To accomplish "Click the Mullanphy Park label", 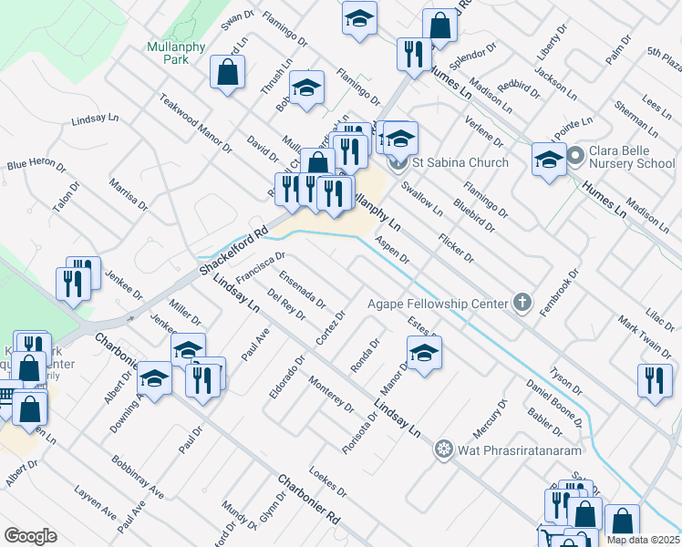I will [168, 52].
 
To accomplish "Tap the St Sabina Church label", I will [460, 163].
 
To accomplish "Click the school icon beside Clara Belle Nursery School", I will [548, 160].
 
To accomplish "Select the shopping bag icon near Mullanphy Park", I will [227, 72].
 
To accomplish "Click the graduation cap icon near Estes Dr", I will [424, 352].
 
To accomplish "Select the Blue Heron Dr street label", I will [36, 166].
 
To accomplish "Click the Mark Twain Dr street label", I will [644, 337].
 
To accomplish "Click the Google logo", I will [30, 536].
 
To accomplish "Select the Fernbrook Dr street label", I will [559, 292].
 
